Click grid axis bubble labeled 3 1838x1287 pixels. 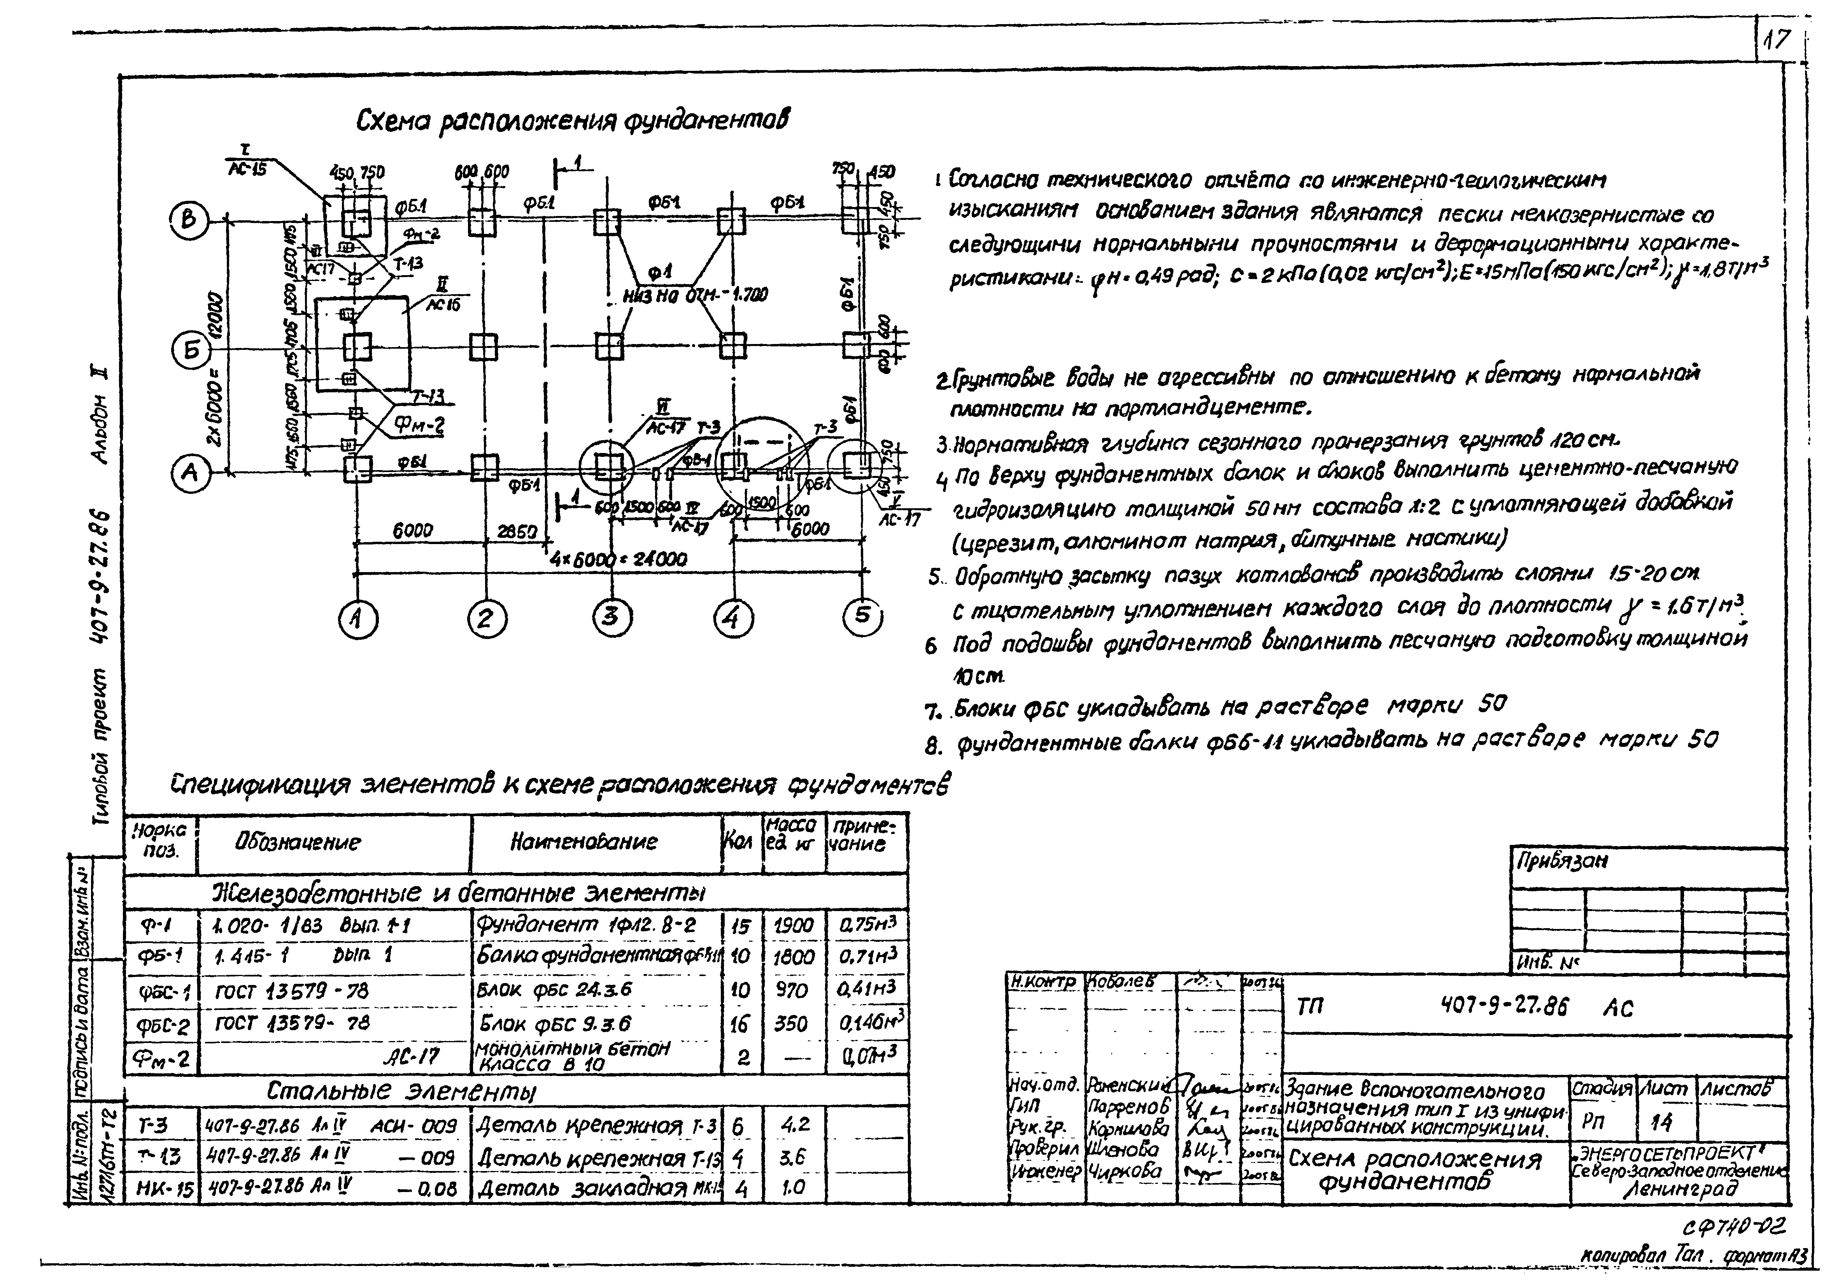click(x=611, y=617)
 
